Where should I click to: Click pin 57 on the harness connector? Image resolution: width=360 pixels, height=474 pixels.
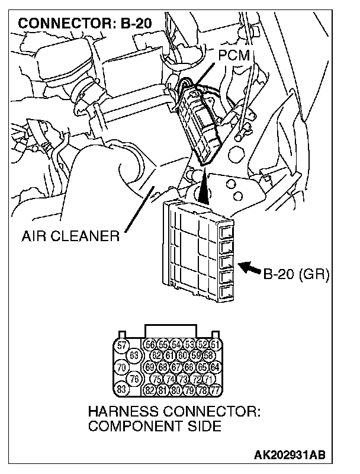click(121, 345)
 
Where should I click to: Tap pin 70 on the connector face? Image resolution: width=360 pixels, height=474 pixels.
click(121, 367)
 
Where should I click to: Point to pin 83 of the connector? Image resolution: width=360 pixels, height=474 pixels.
click(121, 389)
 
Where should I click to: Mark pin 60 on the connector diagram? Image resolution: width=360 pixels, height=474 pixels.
click(182, 356)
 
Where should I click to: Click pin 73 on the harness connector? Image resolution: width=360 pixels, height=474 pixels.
click(182, 379)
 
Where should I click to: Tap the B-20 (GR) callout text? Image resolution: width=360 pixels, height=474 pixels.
click(296, 274)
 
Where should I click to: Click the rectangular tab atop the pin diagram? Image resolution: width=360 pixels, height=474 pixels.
click(172, 331)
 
